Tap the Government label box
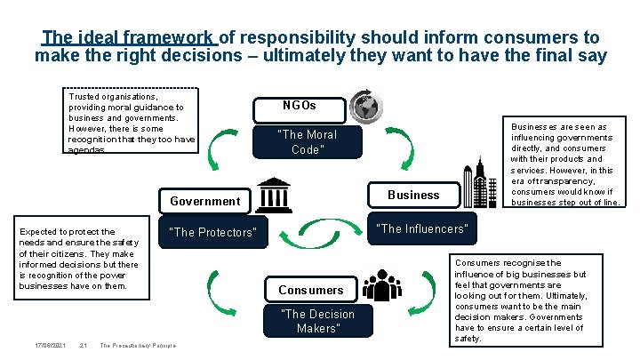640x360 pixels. pyautogui.click(x=204, y=200)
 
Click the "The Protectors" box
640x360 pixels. pyautogui.click(x=213, y=232)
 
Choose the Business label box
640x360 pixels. pyautogui.click(x=413, y=195)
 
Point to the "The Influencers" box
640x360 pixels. pyautogui.click(x=421, y=228)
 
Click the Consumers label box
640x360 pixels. pyautogui.click(x=310, y=290)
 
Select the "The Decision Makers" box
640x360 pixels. pyautogui.click(x=317, y=321)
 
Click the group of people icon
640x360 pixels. pyautogui.click(x=382, y=284)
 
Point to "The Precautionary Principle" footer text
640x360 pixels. pyautogui.click(x=138, y=346)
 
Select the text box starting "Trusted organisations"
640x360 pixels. pyautogui.click(x=132, y=121)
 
